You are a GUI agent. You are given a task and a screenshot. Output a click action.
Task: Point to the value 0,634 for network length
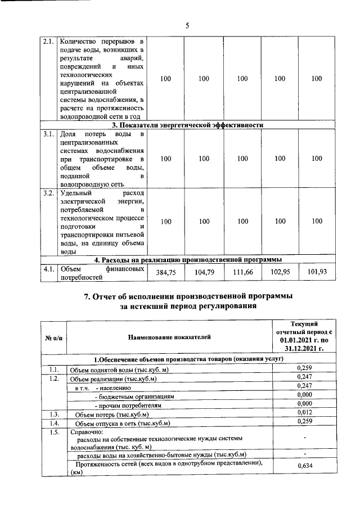(304, 466)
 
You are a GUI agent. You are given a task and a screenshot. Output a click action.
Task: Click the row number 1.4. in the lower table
(53, 423)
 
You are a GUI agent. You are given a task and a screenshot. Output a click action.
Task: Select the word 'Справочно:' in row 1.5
(83, 433)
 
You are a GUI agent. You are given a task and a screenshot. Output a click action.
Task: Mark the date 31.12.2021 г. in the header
(304, 349)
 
